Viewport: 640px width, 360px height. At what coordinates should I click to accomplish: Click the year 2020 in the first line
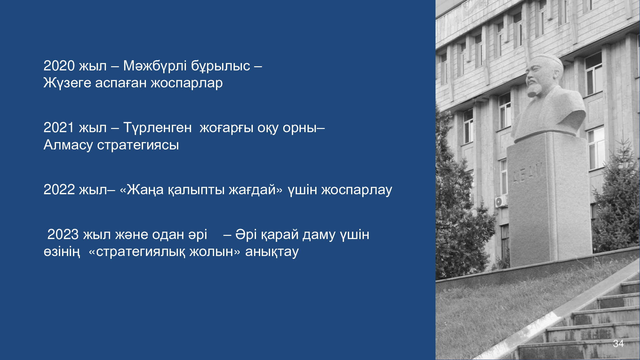(x=59, y=66)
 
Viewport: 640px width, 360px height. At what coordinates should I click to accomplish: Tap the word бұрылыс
(x=221, y=66)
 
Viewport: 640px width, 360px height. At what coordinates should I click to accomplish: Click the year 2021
(x=59, y=128)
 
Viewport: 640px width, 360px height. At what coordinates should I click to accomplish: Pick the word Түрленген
(x=157, y=128)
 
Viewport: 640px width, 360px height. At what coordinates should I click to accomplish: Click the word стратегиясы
(x=138, y=145)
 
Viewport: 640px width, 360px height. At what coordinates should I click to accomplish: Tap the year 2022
(x=59, y=190)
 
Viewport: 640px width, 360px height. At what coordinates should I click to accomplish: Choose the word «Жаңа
(x=141, y=190)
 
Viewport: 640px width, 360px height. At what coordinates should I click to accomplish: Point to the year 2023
(x=63, y=235)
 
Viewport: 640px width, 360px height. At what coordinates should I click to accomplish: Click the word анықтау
(x=272, y=252)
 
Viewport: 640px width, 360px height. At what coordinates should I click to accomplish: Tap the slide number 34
(x=618, y=343)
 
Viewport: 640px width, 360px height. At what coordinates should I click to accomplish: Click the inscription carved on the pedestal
(x=528, y=173)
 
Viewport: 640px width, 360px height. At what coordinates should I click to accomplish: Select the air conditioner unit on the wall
(x=501, y=202)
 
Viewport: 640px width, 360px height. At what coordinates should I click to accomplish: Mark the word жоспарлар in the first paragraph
(x=187, y=83)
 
